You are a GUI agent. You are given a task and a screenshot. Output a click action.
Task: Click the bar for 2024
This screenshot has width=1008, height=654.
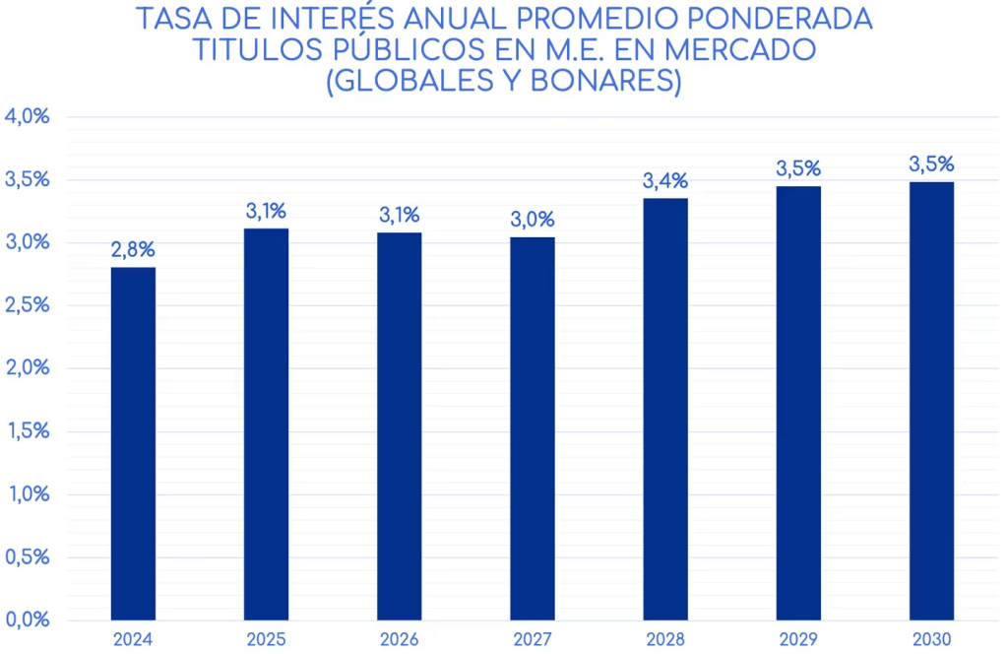[x=133, y=443]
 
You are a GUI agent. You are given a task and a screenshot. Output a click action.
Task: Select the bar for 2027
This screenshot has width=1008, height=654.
[x=533, y=428]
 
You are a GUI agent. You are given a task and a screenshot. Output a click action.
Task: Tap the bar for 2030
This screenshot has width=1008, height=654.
[x=931, y=401]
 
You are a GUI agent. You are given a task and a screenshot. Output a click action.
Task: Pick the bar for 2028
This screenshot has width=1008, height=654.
[x=665, y=409]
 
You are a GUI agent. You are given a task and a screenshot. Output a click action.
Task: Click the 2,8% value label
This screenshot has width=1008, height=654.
[x=133, y=250]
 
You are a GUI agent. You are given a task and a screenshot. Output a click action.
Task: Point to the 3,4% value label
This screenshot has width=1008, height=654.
[x=665, y=181]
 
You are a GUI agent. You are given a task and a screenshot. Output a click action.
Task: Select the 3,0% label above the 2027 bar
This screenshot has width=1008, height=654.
[x=533, y=220]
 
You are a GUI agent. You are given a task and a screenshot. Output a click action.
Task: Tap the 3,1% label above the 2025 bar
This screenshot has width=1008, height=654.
[x=266, y=211]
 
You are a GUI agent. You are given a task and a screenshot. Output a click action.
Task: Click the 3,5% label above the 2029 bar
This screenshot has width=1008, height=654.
[x=798, y=168]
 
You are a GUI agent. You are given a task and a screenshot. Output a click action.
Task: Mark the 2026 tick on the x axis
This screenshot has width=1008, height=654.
[x=400, y=639]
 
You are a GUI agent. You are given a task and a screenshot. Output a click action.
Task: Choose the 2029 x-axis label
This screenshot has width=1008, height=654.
[x=798, y=639]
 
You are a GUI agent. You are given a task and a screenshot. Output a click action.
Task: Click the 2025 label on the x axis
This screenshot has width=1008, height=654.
[x=266, y=639]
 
